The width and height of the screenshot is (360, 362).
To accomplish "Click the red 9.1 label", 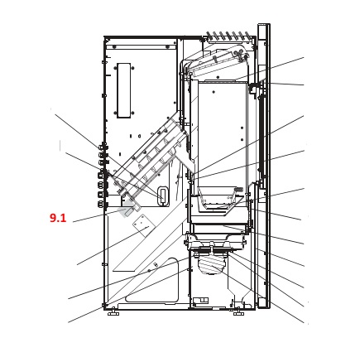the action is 58,218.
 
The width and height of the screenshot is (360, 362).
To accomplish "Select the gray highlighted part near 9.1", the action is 127,209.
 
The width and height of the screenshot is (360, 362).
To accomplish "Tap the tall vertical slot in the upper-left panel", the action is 124,90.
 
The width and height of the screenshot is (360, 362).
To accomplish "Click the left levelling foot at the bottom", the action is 113,313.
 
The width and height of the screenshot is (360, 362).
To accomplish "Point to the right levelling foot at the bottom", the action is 238,313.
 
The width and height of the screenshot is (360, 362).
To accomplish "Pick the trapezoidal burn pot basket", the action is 218,198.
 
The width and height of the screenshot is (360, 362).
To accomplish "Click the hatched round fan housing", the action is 212,265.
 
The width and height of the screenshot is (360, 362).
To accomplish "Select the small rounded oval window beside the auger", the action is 163,195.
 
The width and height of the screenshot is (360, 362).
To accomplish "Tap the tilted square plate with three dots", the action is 142,225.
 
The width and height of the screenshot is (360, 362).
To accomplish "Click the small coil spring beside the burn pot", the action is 238,190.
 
